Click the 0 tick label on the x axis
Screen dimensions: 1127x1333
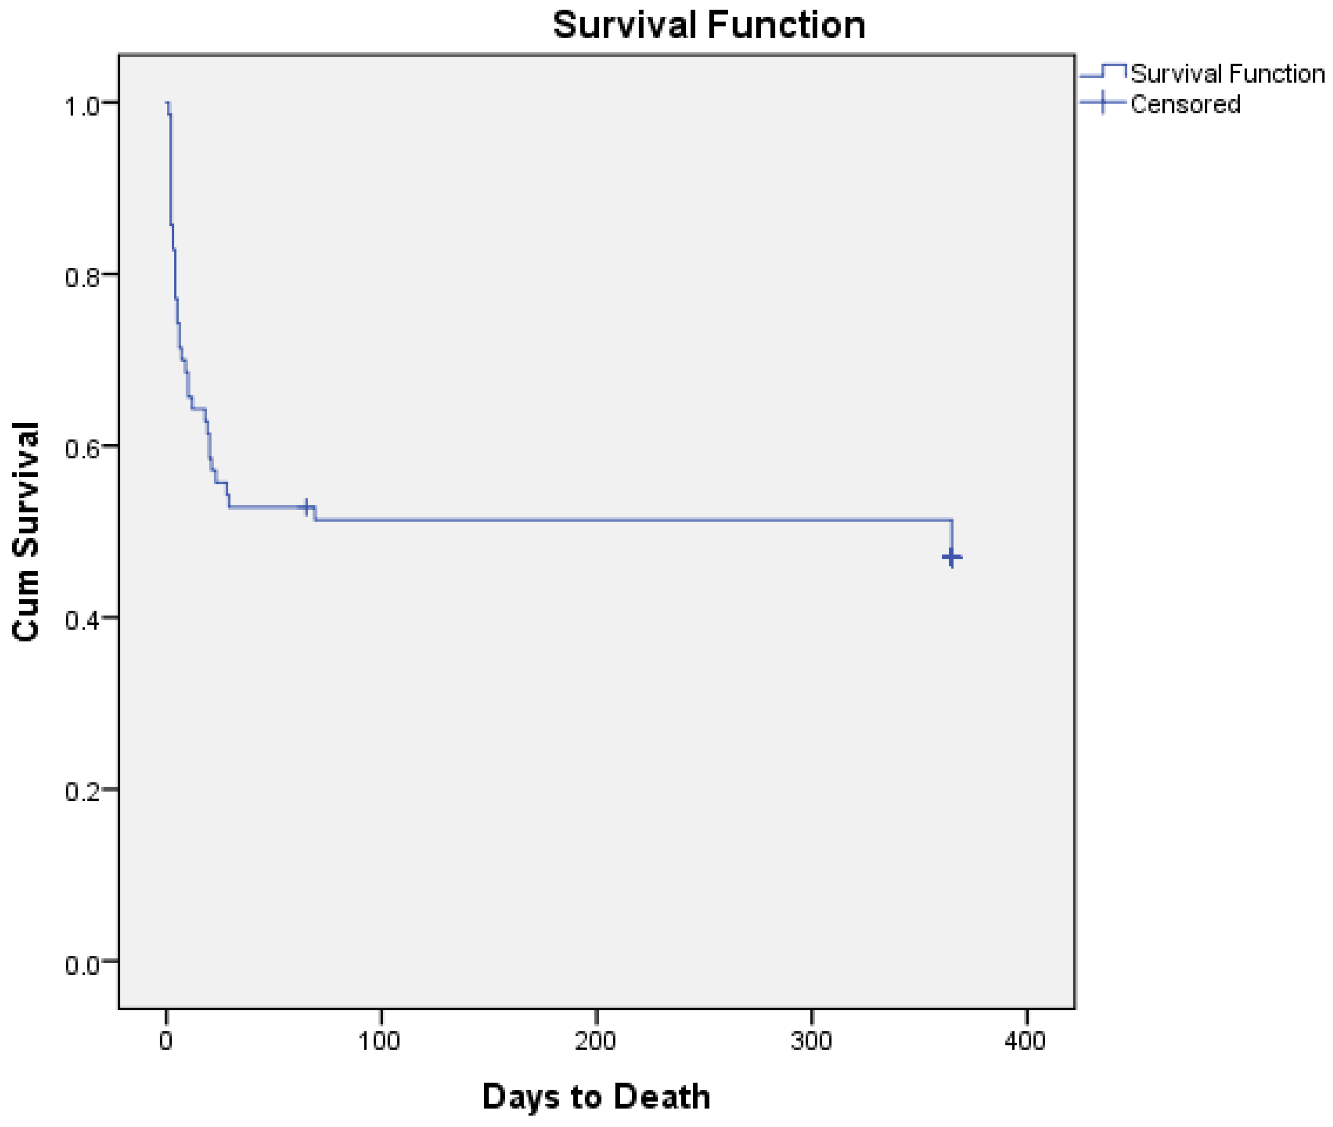click(166, 1042)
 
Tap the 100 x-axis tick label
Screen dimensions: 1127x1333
click(379, 1042)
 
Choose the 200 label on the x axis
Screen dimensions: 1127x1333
click(595, 1042)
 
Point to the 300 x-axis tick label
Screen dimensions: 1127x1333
click(811, 1042)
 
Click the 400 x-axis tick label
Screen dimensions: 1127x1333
click(1025, 1042)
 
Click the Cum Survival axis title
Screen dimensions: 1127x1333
click(27, 532)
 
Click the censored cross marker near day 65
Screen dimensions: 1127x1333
click(307, 507)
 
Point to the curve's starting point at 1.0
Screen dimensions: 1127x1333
click(167, 103)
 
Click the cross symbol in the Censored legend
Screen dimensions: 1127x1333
click(1102, 103)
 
